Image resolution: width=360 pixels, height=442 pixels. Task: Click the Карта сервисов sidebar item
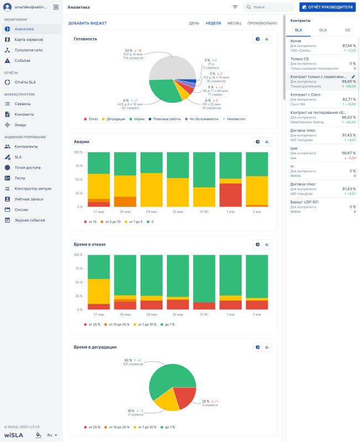(28, 40)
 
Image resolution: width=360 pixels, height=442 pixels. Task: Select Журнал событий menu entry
(29, 220)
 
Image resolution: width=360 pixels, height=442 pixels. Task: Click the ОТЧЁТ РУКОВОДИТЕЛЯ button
(326, 7)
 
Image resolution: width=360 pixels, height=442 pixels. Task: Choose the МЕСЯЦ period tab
(234, 23)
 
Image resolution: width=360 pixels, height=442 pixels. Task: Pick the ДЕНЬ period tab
(194, 23)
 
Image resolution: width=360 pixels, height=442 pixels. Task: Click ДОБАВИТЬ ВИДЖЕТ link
(87, 23)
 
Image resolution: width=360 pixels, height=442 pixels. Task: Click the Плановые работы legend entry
(166, 119)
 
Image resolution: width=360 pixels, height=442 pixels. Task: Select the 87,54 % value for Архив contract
(349, 45)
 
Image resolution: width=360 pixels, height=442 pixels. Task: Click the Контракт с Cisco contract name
(305, 94)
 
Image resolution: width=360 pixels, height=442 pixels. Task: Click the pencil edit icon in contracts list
(354, 77)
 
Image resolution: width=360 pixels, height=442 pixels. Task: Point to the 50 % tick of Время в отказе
(78, 282)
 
